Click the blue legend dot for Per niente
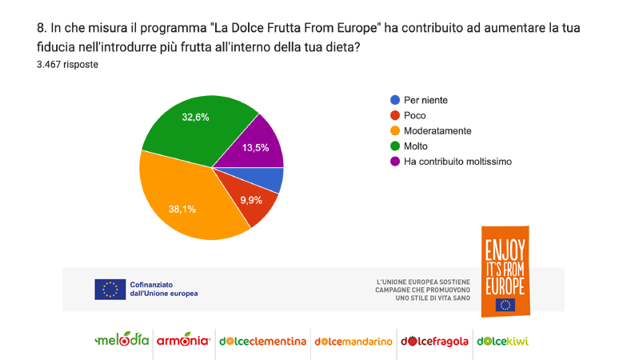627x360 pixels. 394,100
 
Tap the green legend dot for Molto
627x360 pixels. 394,146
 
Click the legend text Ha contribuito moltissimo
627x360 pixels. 457,161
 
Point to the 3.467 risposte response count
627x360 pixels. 67,65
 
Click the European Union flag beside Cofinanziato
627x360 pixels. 110,289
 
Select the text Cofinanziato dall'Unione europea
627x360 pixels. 163,289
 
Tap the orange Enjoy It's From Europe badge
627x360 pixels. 505,270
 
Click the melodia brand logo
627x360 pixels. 122,340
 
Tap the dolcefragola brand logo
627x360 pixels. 434,341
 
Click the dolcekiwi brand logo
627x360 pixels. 502,341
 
